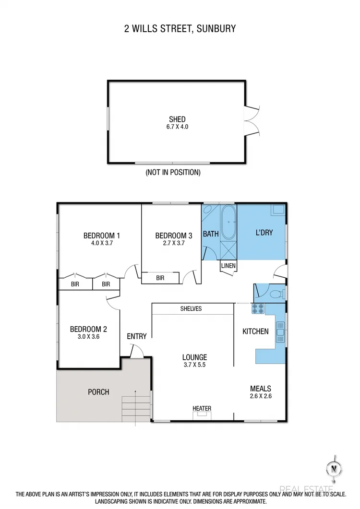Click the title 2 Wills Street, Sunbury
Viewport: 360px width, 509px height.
[180, 29]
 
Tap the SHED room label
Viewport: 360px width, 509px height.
[177, 119]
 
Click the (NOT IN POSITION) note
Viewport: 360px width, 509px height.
[173, 172]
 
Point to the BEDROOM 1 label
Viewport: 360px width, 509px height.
[101, 236]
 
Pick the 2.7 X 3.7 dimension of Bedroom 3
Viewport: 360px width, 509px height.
[174, 243]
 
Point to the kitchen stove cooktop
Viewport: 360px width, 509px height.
[258, 309]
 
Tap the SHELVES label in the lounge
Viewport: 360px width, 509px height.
[191, 309]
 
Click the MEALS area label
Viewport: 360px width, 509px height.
[261, 389]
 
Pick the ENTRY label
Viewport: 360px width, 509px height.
[137, 336]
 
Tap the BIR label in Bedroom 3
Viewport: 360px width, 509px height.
[160, 278]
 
